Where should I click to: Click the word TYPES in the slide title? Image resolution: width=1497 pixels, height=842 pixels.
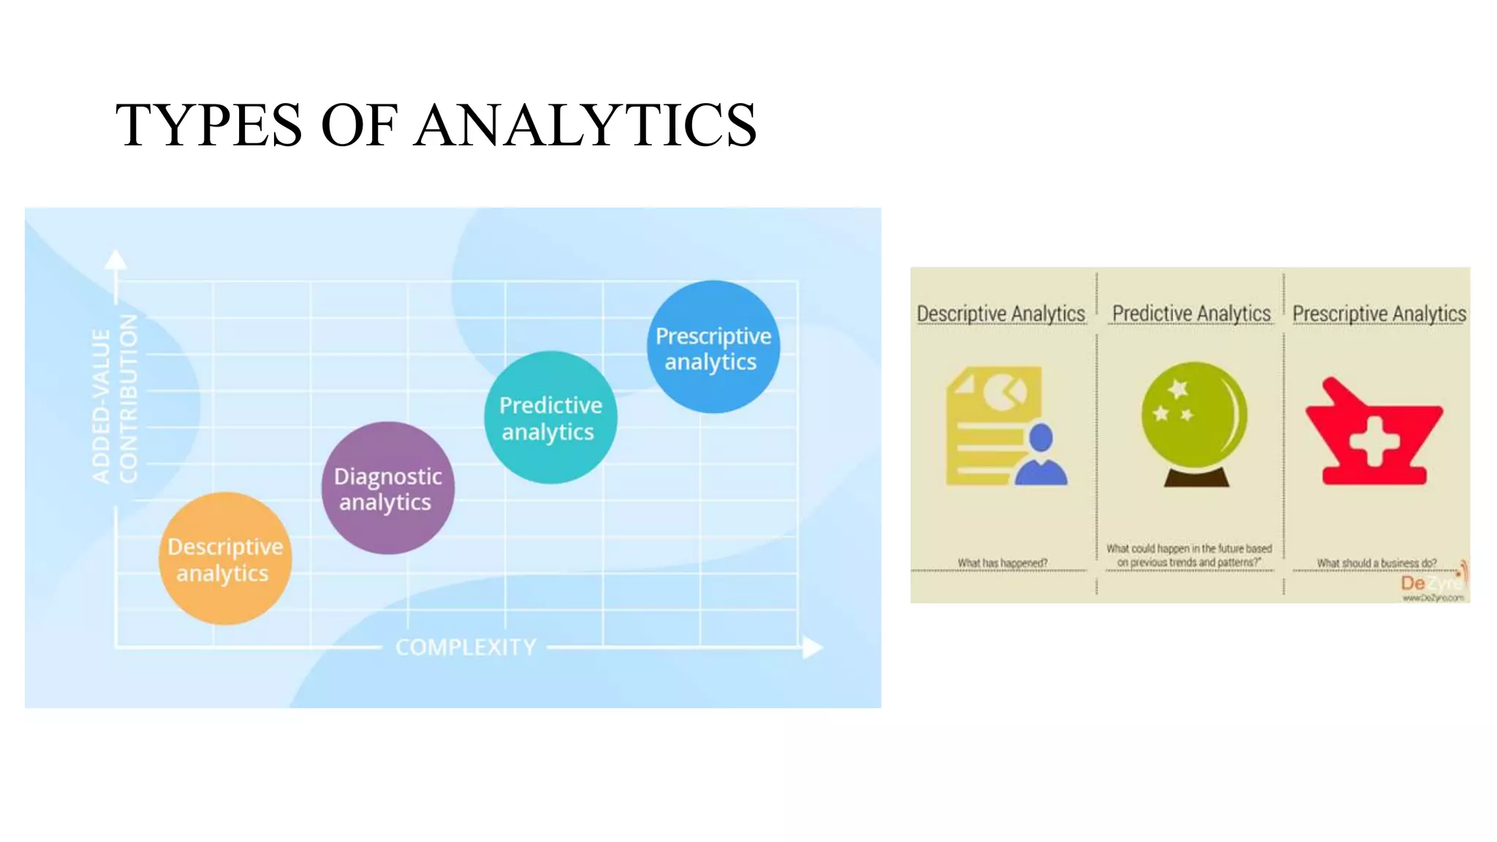pyautogui.click(x=208, y=125)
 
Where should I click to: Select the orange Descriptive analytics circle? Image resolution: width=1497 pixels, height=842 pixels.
pyautogui.click(x=225, y=559)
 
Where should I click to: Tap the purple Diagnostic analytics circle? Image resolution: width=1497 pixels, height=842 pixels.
pyautogui.click(x=387, y=488)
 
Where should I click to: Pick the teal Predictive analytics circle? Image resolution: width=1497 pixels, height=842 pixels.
pyautogui.click(x=550, y=418)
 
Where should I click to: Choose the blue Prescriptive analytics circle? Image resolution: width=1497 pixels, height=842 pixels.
pyautogui.click(x=713, y=348)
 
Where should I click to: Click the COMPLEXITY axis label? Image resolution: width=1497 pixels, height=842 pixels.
pyautogui.click(x=466, y=648)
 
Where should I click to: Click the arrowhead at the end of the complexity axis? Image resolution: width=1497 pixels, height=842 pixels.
pyautogui.click(x=812, y=648)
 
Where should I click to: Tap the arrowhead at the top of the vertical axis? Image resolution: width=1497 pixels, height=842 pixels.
pyautogui.click(x=115, y=260)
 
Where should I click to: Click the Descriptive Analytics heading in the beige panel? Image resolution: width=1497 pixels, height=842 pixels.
pyautogui.click(x=1001, y=314)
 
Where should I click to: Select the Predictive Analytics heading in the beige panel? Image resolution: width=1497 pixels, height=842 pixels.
pyautogui.click(x=1191, y=314)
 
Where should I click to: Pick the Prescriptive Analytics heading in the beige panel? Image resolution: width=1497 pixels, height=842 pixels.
pyautogui.click(x=1379, y=314)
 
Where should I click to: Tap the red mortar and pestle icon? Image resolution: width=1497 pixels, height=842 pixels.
pyautogui.click(x=1373, y=435)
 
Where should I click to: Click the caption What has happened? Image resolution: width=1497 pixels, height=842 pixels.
pyautogui.click(x=1002, y=563)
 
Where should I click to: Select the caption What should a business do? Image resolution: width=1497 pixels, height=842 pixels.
pyautogui.click(x=1376, y=563)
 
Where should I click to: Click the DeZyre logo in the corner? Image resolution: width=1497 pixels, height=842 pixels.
pyautogui.click(x=1432, y=585)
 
